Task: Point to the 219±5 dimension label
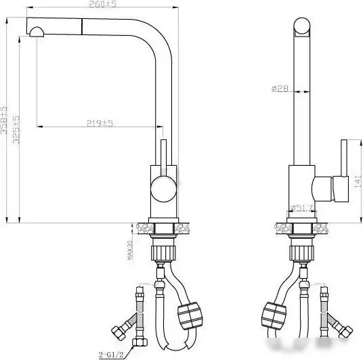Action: (100, 123)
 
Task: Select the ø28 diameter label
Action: (280, 88)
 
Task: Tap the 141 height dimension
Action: (356, 181)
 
